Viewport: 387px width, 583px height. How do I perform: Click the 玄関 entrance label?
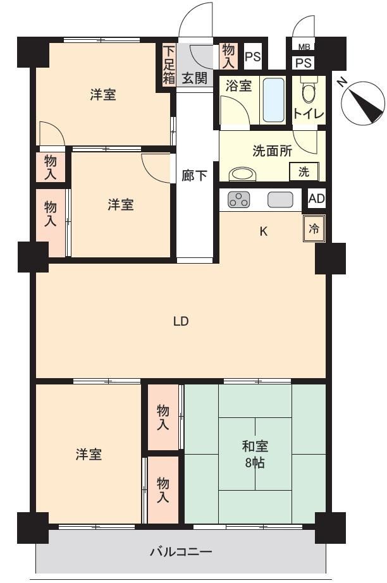(194, 78)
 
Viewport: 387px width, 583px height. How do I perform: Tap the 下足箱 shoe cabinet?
(169, 65)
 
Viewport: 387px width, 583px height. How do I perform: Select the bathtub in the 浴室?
(273, 100)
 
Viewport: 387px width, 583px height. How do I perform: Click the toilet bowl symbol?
(308, 89)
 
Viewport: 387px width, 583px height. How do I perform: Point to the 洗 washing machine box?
(304, 172)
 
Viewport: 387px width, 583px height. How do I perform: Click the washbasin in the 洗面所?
(242, 174)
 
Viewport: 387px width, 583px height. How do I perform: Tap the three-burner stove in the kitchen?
(238, 200)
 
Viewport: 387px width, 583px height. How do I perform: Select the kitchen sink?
(280, 200)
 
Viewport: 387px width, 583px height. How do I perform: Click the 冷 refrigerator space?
(314, 229)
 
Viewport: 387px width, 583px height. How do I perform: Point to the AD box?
(317, 199)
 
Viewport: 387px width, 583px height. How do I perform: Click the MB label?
(304, 47)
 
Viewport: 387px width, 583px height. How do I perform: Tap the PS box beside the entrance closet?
(252, 57)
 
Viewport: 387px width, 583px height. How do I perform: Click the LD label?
(181, 321)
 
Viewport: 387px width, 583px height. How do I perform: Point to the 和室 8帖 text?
(255, 455)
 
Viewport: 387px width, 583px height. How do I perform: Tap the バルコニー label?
(181, 551)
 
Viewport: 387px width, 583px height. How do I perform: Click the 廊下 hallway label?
(194, 176)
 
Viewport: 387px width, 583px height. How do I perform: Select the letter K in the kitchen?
(263, 231)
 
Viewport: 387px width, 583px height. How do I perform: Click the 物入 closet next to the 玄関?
(228, 56)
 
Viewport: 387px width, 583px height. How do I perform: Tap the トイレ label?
(309, 113)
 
